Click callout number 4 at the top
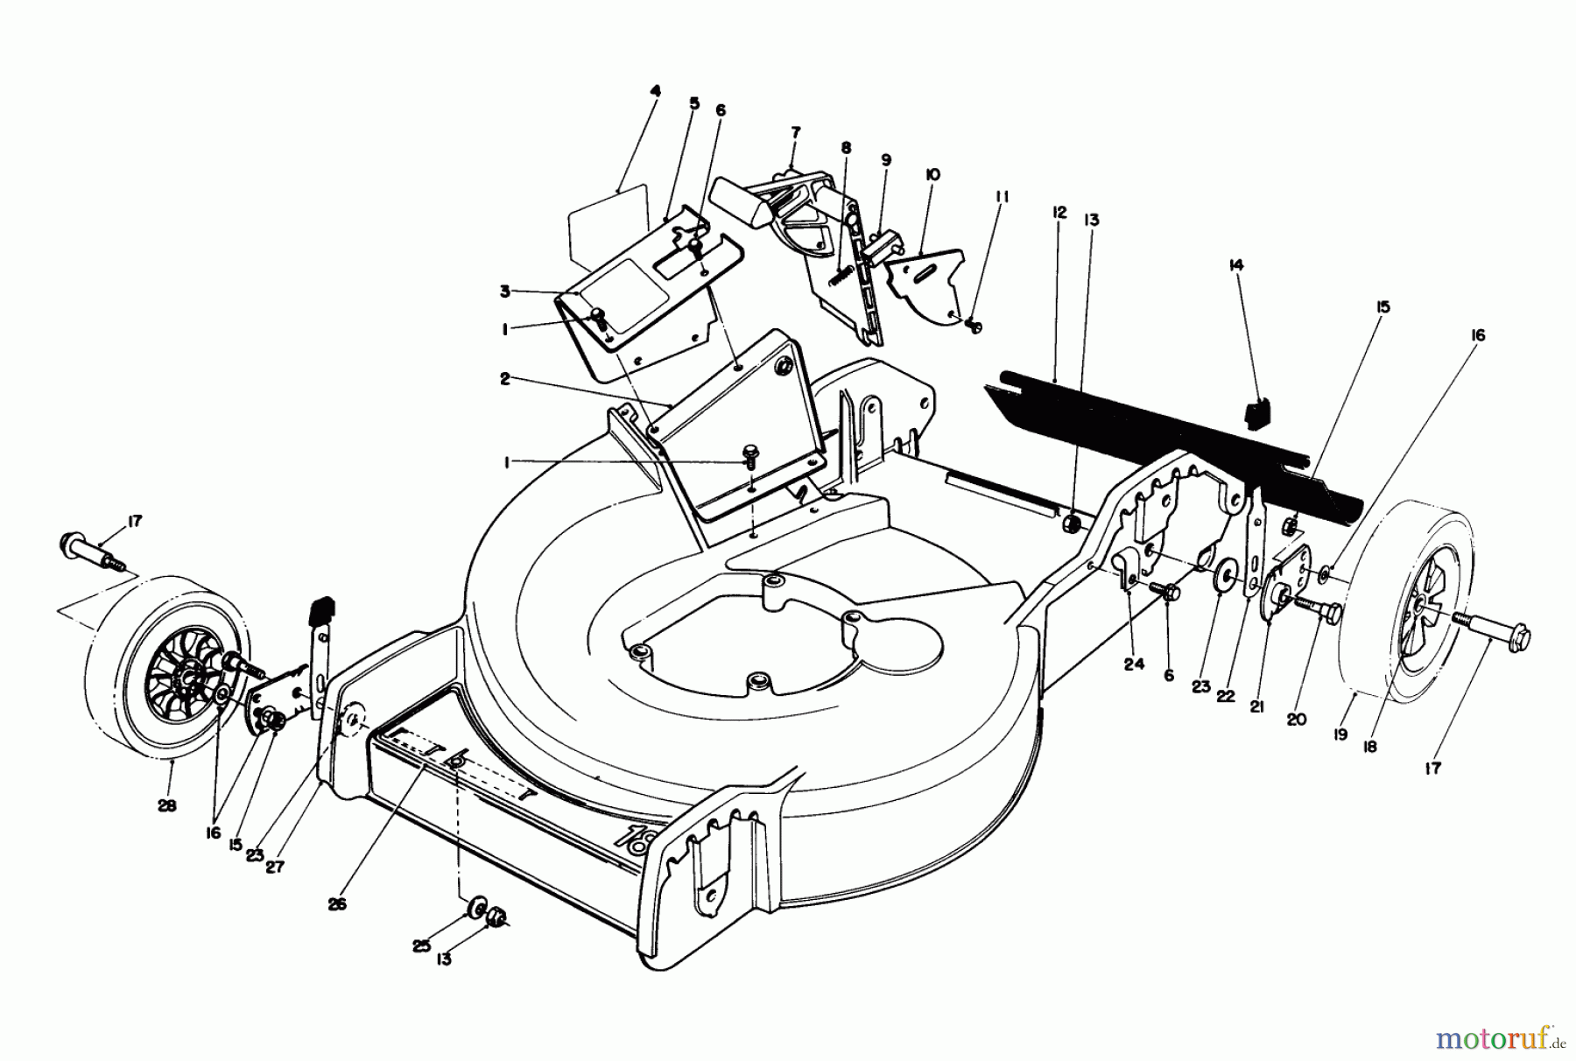656,90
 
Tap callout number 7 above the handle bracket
795,132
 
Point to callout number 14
1236,264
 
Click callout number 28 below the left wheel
166,805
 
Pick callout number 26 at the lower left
337,904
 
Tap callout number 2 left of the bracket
504,378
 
